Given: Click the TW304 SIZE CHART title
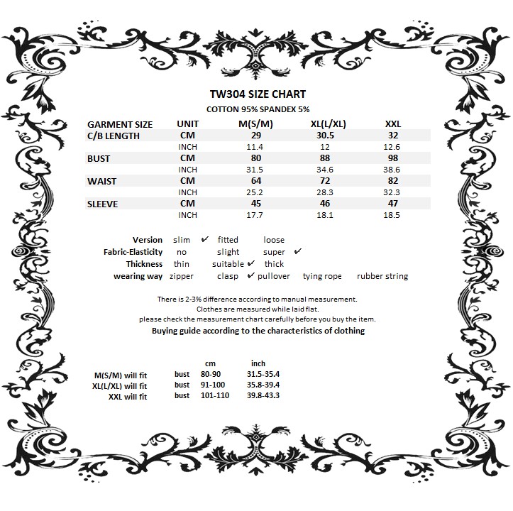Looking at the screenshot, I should click(258, 94).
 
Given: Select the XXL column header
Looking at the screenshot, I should click(393, 123).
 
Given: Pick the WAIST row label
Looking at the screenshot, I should click(101, 181).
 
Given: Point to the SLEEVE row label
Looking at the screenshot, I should click(102, 204).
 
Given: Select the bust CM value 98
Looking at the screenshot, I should click(392, 158).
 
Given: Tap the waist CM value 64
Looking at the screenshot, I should click(255, 181).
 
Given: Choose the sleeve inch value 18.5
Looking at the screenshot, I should click(392, 215).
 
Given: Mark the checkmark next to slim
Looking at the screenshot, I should click(204, 239).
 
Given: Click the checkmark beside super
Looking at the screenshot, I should click(298, 251).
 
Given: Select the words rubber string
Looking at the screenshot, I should click(382, 276).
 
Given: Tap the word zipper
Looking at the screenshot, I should click(182, 276).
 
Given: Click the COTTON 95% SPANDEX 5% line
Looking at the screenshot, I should click(258, 109).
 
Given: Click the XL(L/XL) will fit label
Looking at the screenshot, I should click(120, 385).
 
